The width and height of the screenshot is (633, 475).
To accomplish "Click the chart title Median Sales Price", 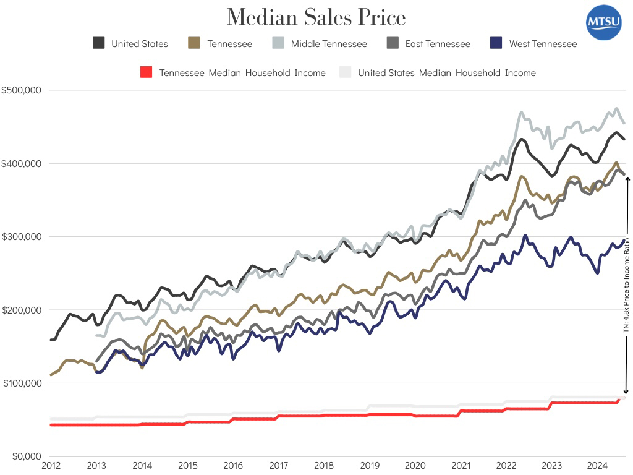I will click(316, 17).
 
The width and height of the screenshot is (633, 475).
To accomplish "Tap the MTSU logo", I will click(604, 24).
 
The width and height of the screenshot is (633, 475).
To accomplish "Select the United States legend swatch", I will click(98, 43).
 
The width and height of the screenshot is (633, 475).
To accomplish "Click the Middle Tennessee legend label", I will click(329, 44).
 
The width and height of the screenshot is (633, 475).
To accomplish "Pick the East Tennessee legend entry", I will click(428, 44).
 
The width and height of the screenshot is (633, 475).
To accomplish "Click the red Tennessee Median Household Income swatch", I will click(146, 72).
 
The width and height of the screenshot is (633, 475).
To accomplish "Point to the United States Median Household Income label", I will click(446, 73).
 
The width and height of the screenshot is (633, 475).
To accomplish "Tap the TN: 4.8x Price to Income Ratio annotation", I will click(626, 285).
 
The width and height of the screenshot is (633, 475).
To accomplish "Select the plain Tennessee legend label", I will click(229, 44).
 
